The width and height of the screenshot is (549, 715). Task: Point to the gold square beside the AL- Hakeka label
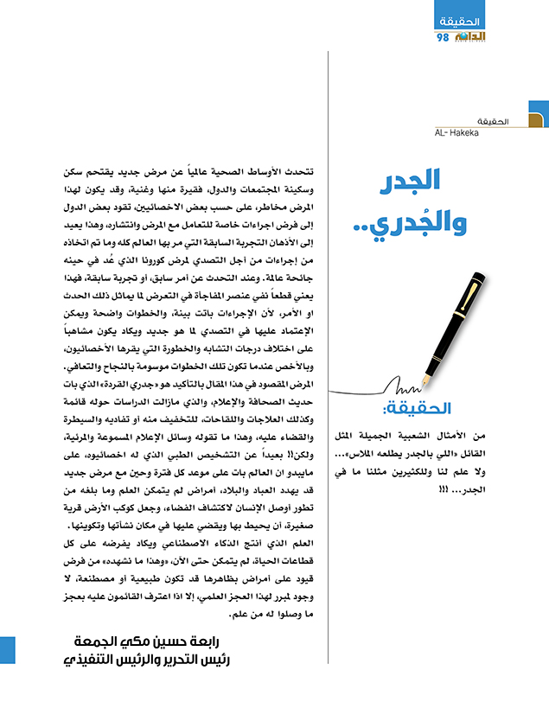pos(538,122)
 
